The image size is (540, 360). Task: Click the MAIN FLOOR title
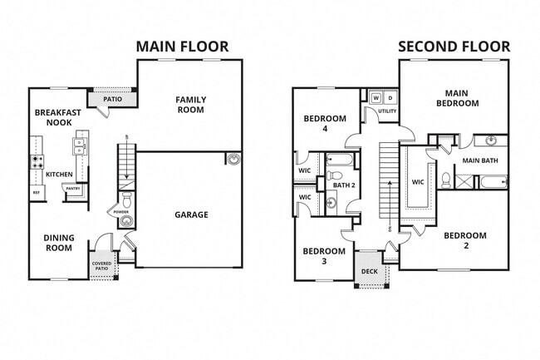(x=181, y=46)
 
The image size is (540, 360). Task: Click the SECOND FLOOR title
(x=453, y=46)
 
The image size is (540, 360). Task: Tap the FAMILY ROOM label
(x=190, y=105)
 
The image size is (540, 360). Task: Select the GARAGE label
(x=191, y=215)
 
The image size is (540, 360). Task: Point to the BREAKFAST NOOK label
(x=58, y=117)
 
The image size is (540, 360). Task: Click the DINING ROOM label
(x=58, y=243)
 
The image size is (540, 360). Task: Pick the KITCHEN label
(x=59, y=174)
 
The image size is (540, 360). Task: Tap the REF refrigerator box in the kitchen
(x=36, y=193)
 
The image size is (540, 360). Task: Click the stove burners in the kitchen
(x=36, y=162)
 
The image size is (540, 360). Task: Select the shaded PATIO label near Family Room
(x=113, y=99)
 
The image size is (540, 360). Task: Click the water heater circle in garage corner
(x=233, y=159)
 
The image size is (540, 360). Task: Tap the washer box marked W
(x=376, y=98)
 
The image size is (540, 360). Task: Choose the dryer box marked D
(x=390, y=98)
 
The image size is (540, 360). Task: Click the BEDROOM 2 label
(x=464, y=240)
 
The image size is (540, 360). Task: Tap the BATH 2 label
(x=344, y=185)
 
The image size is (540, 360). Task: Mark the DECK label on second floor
(x=369, y=270)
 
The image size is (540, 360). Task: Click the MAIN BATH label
(x=479, y=160)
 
